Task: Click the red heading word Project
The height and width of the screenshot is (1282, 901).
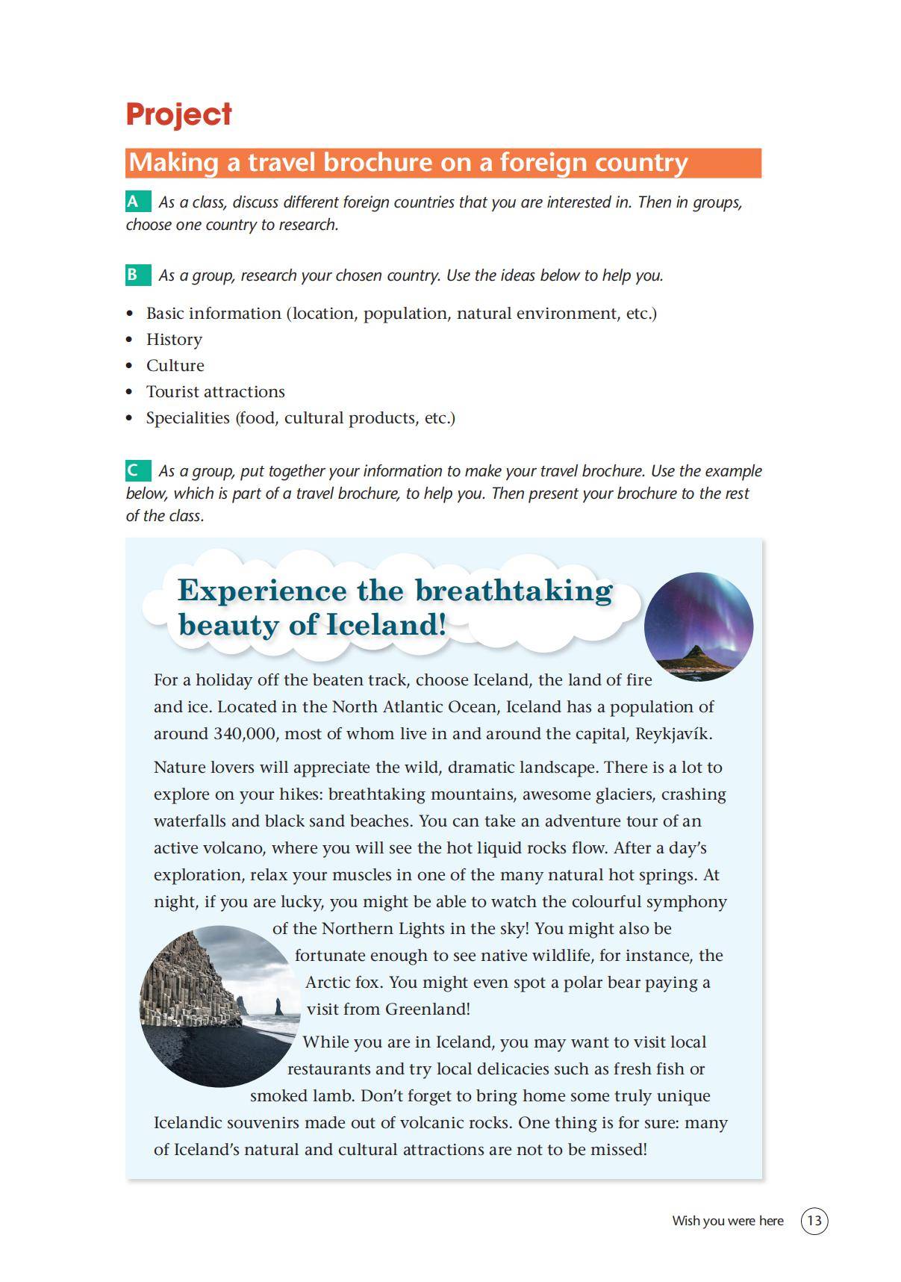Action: click(x=178, y=114)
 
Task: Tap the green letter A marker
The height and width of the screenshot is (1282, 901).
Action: click(x=134, y=202)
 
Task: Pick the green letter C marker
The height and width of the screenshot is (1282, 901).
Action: click(x=134, y=470)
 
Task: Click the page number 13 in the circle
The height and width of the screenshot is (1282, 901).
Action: click(x=814, y=1221)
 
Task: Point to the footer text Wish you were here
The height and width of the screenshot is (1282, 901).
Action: click(x=727, y=1221)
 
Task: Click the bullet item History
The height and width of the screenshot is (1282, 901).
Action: click(x=174, y=340)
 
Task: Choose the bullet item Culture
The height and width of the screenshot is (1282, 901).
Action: click(x=175, y=366)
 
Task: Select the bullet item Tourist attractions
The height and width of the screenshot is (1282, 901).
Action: click(x=215, y=392)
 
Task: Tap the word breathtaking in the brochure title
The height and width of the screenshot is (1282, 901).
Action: click(x=514, y=591)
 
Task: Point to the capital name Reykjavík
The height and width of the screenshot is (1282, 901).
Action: click(x=673, y=733)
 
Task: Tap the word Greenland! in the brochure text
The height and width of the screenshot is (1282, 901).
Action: click(x=428, y=1009)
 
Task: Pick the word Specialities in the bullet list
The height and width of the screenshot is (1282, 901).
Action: click(x=188, y=418)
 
